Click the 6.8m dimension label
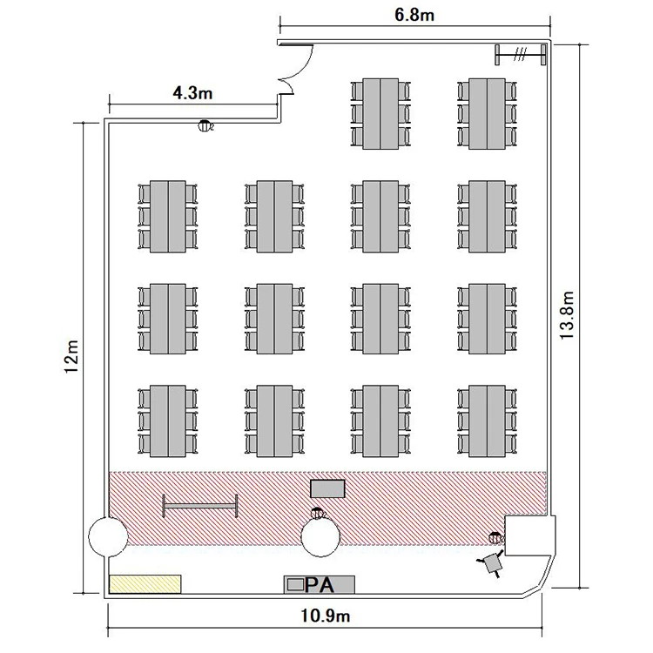414,15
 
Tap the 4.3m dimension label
192,93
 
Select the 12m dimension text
71,357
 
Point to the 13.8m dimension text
567,315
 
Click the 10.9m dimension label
326,616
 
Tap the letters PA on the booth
320,585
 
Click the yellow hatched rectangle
145,584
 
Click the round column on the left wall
107,536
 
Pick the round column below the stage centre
320,538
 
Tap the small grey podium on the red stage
327,488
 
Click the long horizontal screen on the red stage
200,506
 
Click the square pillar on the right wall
529,535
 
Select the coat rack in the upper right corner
521,54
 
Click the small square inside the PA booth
296,585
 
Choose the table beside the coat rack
487,114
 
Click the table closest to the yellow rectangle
168,421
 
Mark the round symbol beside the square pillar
495,538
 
